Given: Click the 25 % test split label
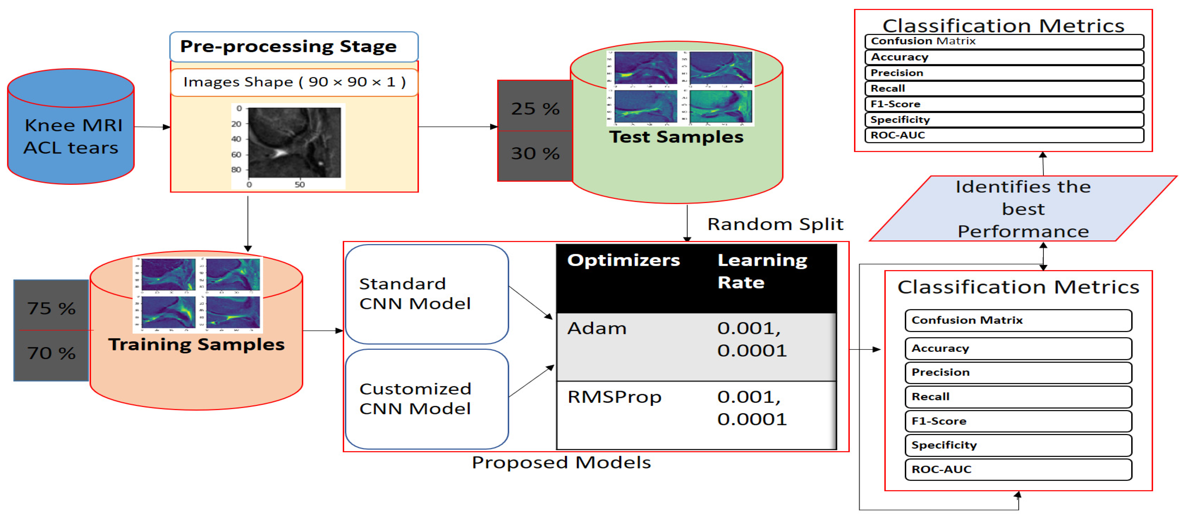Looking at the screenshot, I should [535, 108].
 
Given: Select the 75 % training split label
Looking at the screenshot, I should [51, 308].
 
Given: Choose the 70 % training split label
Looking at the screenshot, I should [51, 353].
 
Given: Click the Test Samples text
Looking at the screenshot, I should [676, 137].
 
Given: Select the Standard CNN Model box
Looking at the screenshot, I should [426, 294].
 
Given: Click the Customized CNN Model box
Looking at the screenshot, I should [426, 399].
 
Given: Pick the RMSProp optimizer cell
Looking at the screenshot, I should [614, 397].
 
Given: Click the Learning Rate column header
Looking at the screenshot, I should [762, 271].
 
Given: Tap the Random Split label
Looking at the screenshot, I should [775, 224].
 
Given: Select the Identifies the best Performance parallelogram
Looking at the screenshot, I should [1023, 209].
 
